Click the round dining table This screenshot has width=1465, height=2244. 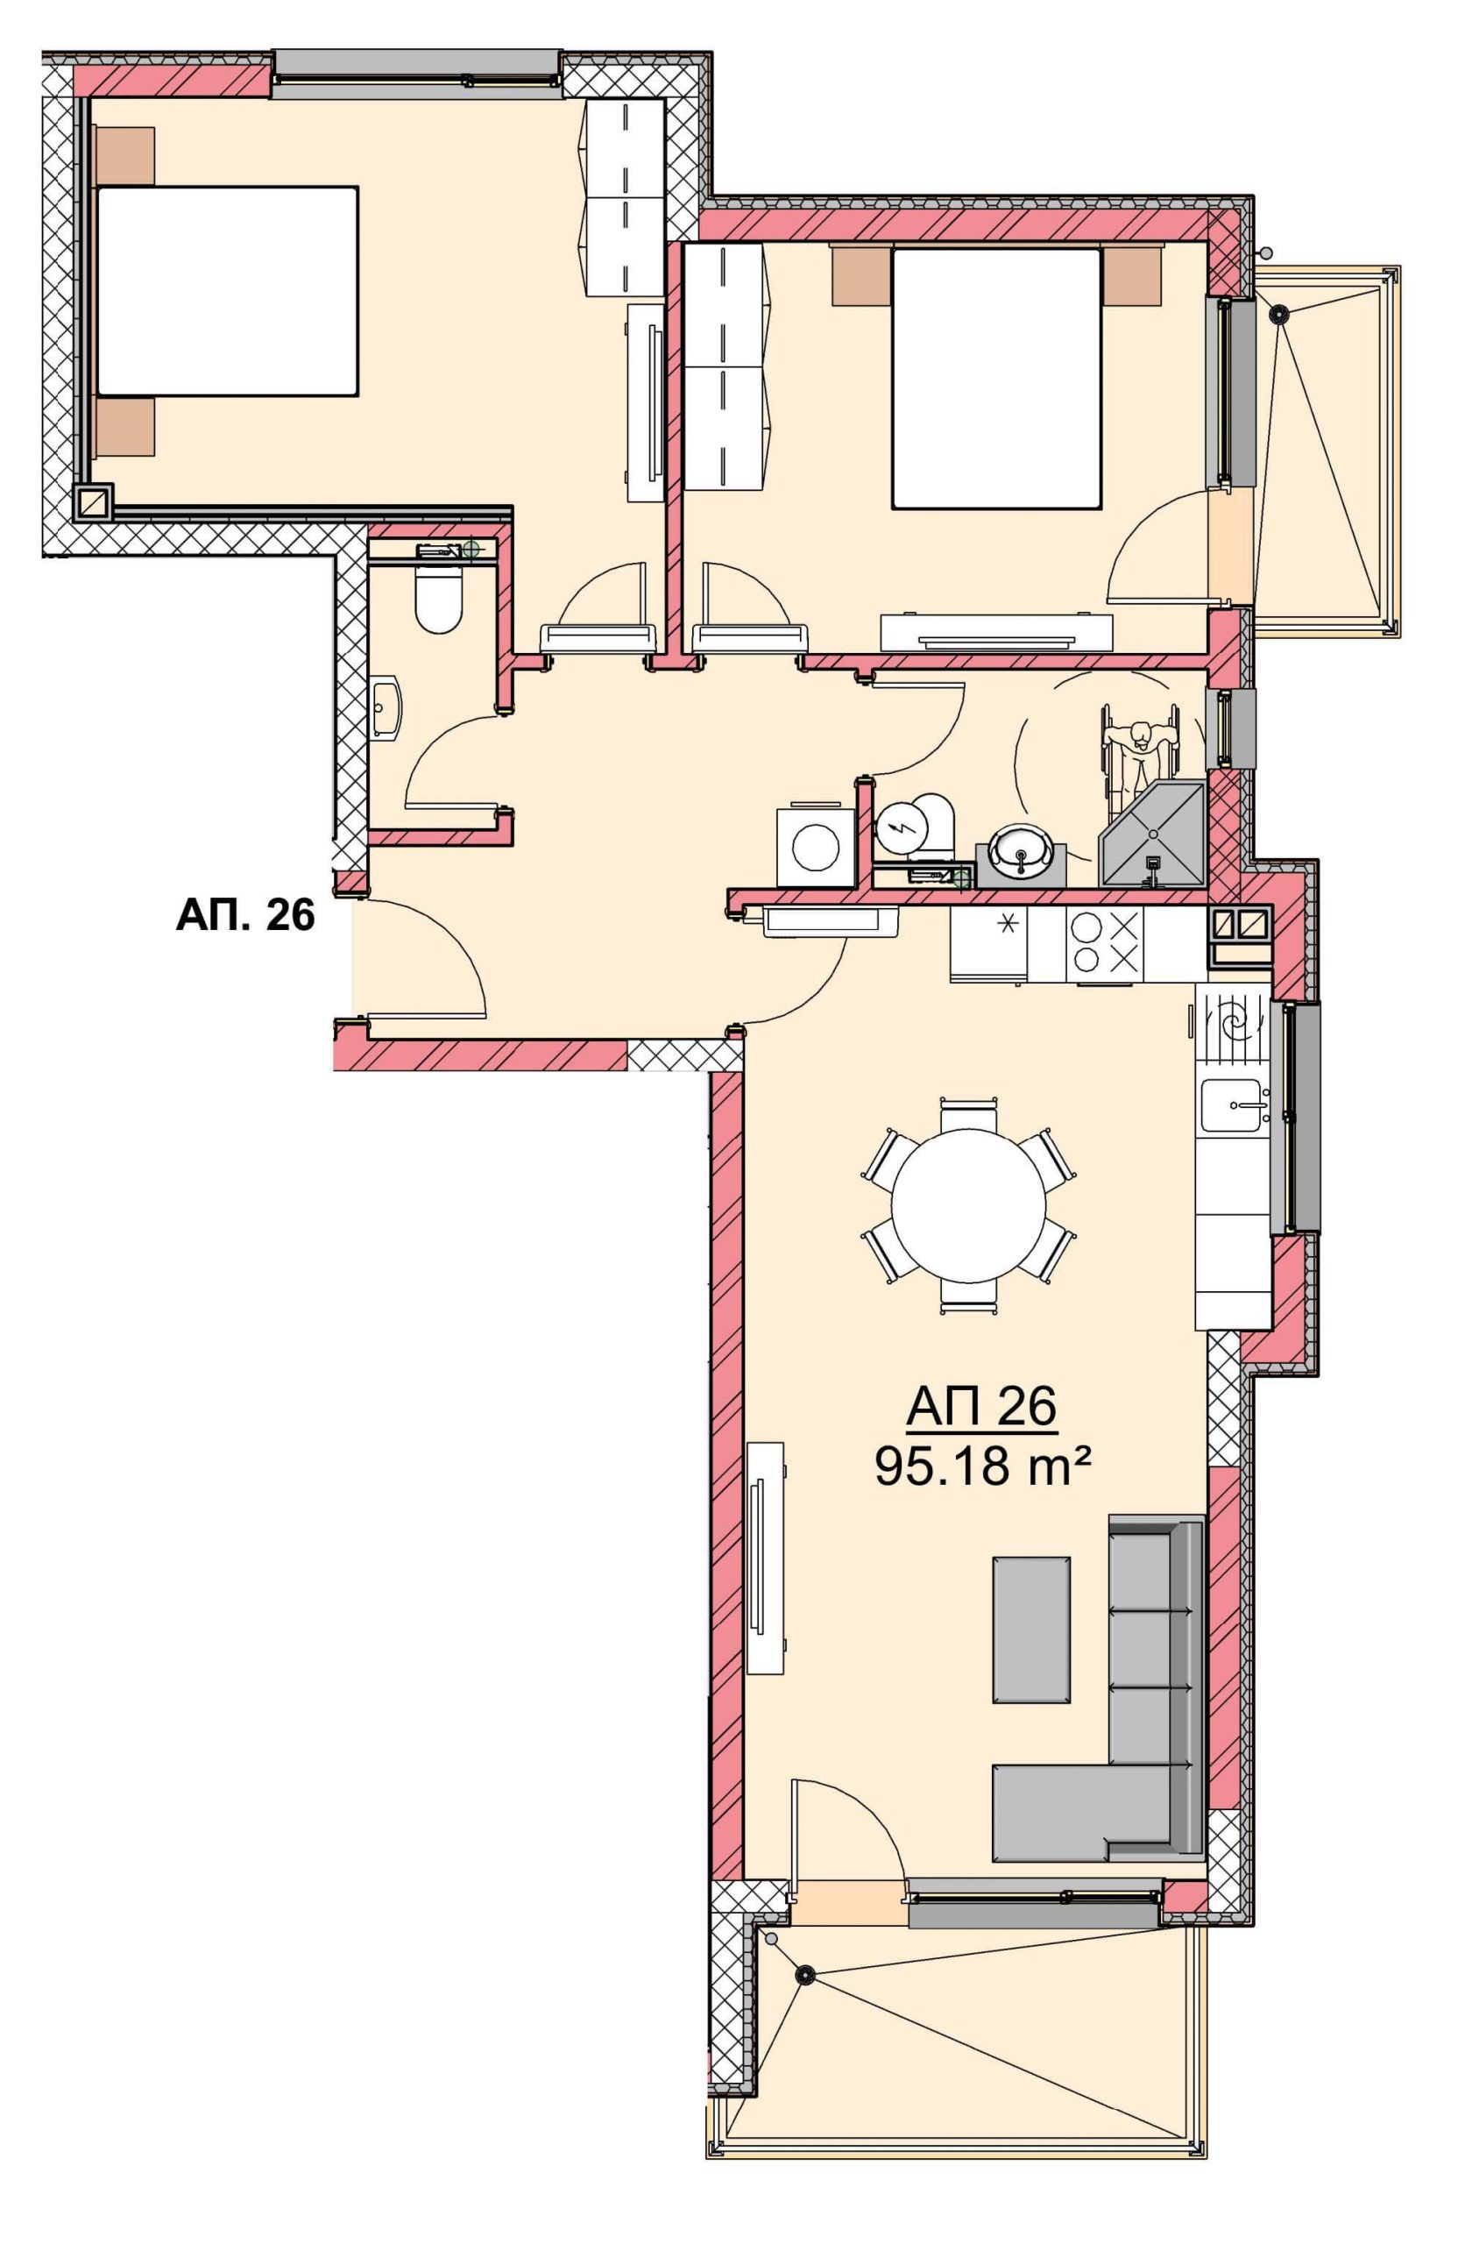coord(968,1205)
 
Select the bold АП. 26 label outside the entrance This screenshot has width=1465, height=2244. coord(245,914)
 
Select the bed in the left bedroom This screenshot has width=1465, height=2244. coord(226,290)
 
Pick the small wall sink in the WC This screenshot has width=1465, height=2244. coord(387,707)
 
